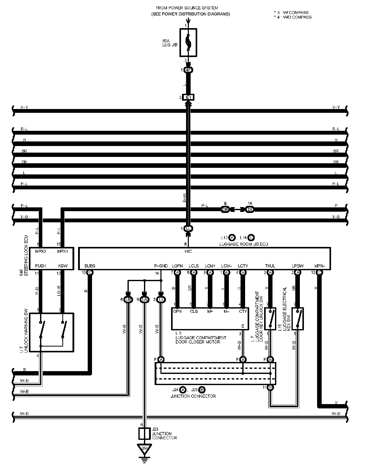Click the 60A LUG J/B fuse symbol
[188, 42]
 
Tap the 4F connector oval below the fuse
[188, 70]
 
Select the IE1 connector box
[188, 97]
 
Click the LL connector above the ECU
[188, 229]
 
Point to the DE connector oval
[225, 210]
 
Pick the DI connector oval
[250, 210]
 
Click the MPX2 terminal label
[41, 251]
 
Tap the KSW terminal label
[63, 266]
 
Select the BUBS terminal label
[90, 266]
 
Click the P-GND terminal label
[161, 266]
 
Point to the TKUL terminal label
[270, 266]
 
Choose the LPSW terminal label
[298, 266]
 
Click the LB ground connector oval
[128, 300]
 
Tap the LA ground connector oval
[144, 300]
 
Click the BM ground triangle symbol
[144, 449]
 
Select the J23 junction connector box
[145, 434]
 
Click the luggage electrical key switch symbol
[298, 319]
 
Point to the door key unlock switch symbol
[270, 319]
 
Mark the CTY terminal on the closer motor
[243, 311]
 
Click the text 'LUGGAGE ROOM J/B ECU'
[244, 244]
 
